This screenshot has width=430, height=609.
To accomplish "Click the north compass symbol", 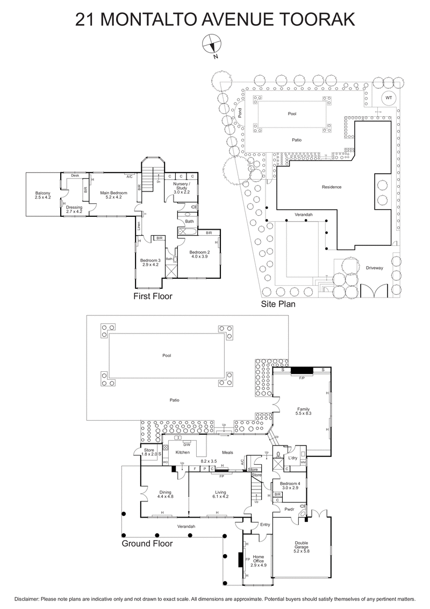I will (x=211, y=44).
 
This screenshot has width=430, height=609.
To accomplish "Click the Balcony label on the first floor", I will (x=43, y=195).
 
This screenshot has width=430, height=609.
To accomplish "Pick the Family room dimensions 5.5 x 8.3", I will (x=304, y=413).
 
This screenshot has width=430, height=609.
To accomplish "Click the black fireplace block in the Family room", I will (x=302, y=370).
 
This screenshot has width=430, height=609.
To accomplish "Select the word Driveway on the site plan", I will (x=374, y=268).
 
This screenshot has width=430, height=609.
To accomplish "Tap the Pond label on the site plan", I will (x=240, y=113).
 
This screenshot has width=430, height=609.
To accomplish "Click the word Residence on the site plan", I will (x=332, y=187).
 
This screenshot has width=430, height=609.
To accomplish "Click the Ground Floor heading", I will (x=147, y=543).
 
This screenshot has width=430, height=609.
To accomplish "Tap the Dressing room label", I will (x=74, y=208).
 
